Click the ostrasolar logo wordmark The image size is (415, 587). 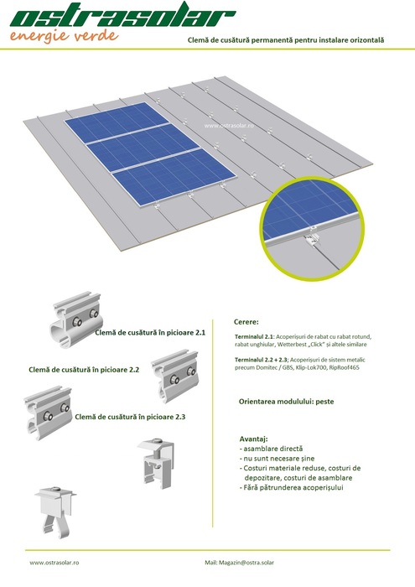122,16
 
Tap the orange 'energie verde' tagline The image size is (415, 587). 64,36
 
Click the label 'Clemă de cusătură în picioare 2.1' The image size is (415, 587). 150,332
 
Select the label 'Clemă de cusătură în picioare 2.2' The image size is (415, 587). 84,370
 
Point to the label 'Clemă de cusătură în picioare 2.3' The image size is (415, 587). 130,417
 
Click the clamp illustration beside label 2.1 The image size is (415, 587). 76,319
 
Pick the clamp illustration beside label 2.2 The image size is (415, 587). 174,376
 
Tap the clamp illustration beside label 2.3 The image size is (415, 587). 48,413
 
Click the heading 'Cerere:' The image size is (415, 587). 246,322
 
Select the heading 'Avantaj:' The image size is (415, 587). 254,439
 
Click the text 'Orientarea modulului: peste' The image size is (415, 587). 286,402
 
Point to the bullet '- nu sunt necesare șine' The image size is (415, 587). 277,458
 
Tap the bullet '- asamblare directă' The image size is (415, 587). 271,449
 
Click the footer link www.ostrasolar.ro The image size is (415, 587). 54,563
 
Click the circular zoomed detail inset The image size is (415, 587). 312,229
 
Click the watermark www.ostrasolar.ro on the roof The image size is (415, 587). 229,126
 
